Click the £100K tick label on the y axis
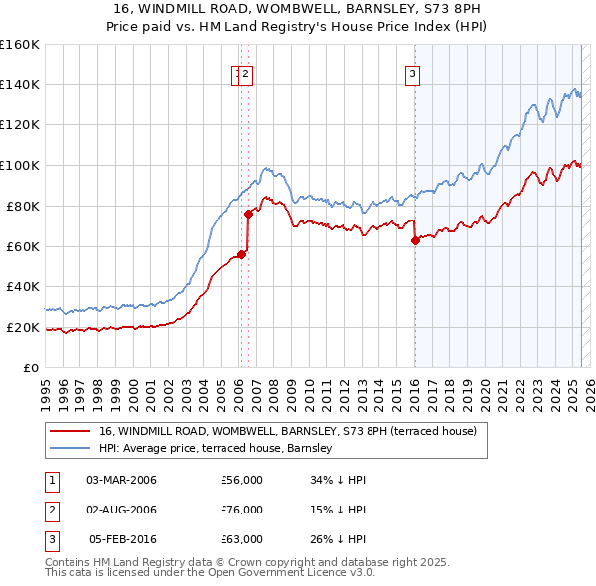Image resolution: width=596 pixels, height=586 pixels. coord(20,165)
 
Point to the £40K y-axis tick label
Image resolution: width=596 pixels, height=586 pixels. coord(22,286)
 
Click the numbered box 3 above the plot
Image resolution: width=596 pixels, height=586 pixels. coord(412,72)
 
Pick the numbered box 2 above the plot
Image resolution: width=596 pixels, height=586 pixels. coord(246,72)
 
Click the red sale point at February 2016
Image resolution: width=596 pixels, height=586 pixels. coord(415,239)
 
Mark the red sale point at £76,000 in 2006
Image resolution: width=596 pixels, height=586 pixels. coord(248,213)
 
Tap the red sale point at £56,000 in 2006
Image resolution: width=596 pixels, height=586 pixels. coord(241,253)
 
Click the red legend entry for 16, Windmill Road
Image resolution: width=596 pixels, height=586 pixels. coord(288,431)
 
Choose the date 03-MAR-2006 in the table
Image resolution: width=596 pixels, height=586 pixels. coord(122,481)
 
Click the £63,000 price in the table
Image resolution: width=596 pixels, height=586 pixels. coord(241,539)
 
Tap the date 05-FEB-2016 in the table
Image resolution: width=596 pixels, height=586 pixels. coord(123,539)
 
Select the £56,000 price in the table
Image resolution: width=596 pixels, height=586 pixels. coord(241,481)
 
